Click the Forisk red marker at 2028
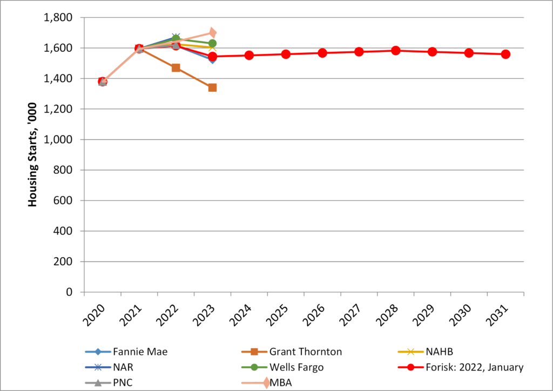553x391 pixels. click(395, 51)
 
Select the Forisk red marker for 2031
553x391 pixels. click(505, 54)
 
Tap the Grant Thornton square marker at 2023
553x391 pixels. click(212, 87)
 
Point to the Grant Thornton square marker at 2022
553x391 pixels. click(176, 68)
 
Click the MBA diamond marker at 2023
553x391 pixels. click(213, 33)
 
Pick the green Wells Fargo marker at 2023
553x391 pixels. click(212, 43)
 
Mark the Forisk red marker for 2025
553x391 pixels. click(286, 54)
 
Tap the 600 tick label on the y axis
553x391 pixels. click(63, 200)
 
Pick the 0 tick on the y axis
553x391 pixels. click(69, 292)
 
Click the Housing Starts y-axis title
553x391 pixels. click(32, 155)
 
